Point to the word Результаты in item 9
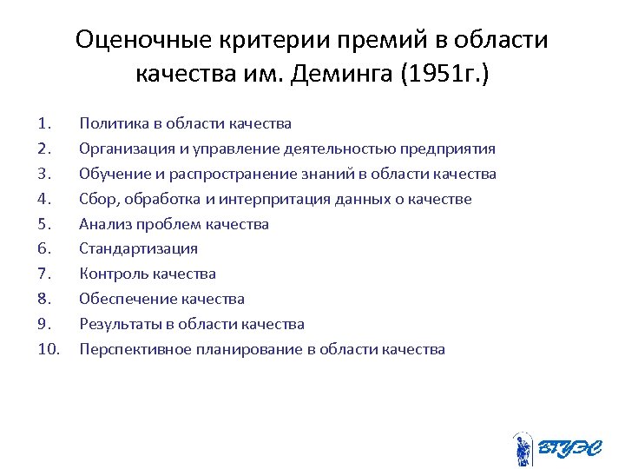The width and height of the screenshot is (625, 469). click(x=116, y=325)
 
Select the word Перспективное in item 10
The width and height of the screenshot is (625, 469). click(x=128, y=350)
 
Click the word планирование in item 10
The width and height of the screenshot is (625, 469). click(x=227, y=350)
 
